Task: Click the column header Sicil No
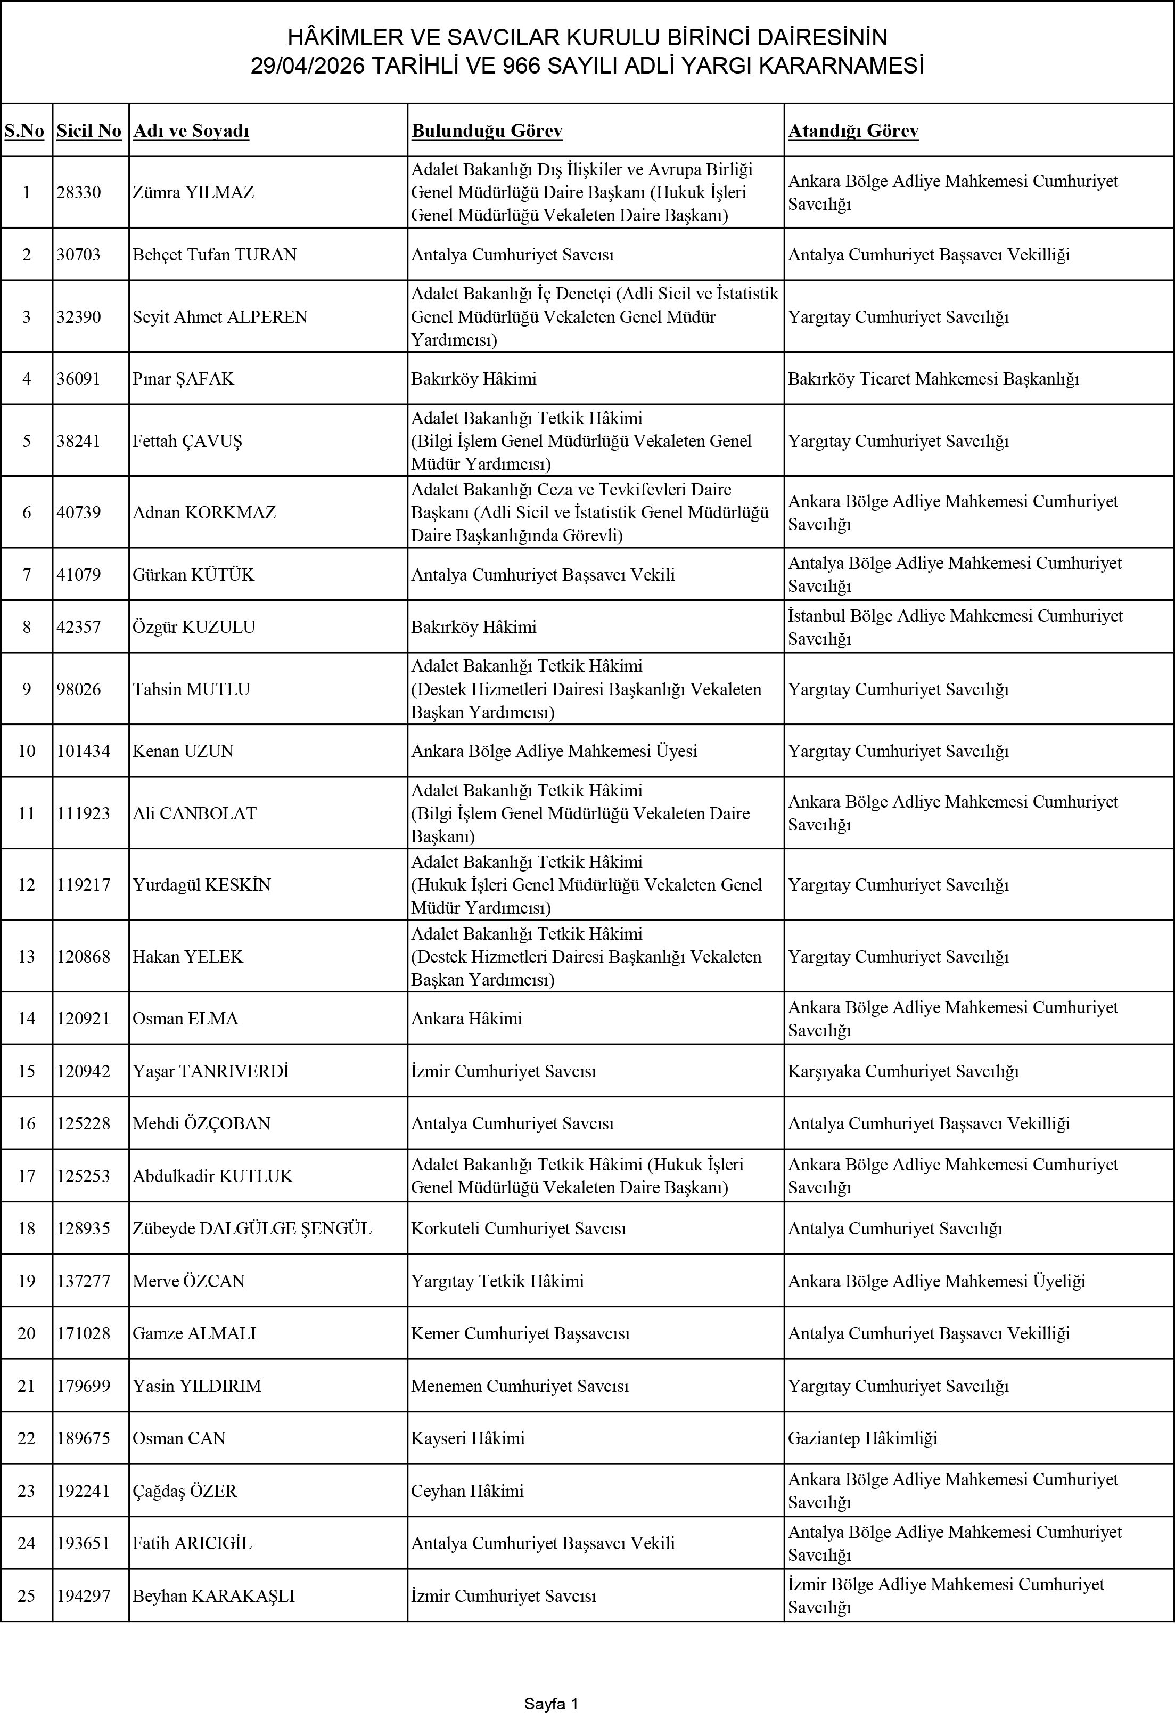pyautogui.click(x=89, y=131)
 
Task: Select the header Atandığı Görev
pyautogui.click(x=853, y=131)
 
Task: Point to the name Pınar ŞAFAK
pyautogui.click(x=183, y=378)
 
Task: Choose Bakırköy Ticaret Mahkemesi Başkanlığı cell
pyautogui.click(x=933, y=378)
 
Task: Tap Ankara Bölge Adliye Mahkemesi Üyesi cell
pyautogui.click(x=554, y=751)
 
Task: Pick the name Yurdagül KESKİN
pyautogui.click(x=201, y=885)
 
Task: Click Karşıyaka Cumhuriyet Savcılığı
pyautogui.click(x=903, y=1071)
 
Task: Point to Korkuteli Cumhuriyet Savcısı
pyautogui.click(x=518, y=1228)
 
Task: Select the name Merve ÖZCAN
pyautogui.click(x=188, y=1281)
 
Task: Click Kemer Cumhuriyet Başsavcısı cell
pyautogui.click(x=520, y=1333)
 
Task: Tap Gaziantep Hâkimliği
pyautogui.click(x=862, y=1438)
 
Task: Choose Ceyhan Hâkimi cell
pyautogui.click(x=467, y=1491)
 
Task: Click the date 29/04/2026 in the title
pyautogui.click(x=307, y=67)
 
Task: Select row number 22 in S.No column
pyautogui.click(x=27, y=1438)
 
